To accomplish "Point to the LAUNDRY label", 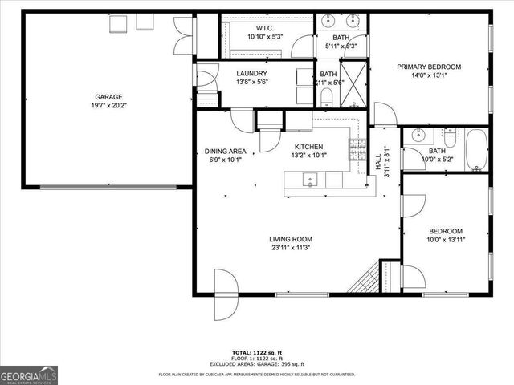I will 251,73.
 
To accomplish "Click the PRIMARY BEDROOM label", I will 429,67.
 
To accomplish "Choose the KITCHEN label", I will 308,147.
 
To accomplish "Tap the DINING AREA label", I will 225,151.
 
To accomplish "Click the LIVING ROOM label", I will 291,239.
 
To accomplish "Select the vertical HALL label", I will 378,160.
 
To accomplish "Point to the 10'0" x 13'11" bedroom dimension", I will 446,239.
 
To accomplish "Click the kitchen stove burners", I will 356,149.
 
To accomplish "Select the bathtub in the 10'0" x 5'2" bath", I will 476,150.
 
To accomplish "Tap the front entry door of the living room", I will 226,285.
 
